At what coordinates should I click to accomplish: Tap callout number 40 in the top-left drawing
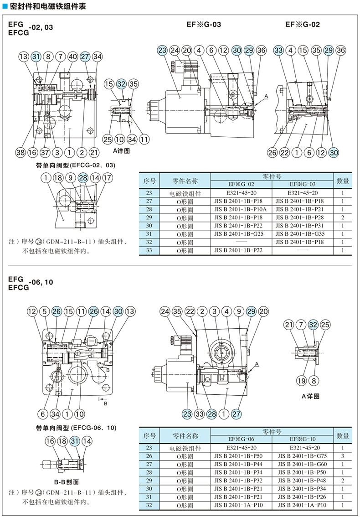[x=72, y=57]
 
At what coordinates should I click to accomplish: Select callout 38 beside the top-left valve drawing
[x=20, y=153]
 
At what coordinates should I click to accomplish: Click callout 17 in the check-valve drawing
[x=107, y=178]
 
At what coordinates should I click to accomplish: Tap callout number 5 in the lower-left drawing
[x=44, y=311]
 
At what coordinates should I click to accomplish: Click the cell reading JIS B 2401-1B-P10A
[x=241, y=209]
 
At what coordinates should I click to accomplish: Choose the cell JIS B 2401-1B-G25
[x=241, y=233]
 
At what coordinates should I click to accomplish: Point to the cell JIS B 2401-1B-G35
[x=303, y=233]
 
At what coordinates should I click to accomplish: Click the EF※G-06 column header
[x=241, y=439]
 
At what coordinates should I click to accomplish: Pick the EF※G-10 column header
[x=303, y=439]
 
